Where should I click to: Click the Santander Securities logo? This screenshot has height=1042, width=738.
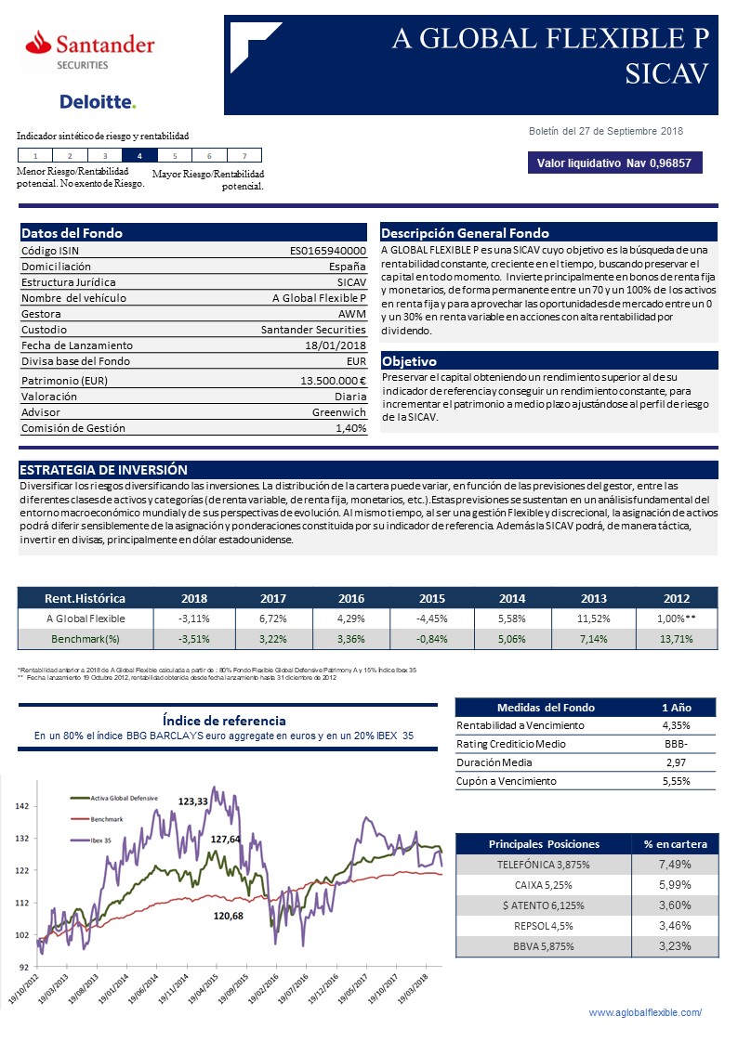pyautogui.click(x=90, y=49)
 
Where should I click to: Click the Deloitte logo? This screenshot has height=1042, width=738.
pyautogui.click(x=98, y=101)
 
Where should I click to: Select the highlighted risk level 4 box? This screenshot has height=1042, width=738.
pyautogui.click(x=138, y=156)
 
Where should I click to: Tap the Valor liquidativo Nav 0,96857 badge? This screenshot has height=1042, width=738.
pyautogui.click(x=614, y=163)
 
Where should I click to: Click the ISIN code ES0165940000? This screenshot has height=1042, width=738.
pyautogui.click(x=328, y=250)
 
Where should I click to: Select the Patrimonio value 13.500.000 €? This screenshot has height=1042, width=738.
pyautogui.click(x=333, y=380)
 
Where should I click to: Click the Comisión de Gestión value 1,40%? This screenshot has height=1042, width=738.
pyautogui.click(x=350, y=428)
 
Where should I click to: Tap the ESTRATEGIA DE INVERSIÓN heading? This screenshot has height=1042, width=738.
pyautogui.click(x=103, y=470)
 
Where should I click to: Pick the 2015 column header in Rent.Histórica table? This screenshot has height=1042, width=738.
pyautogui.click(x=433, y=597)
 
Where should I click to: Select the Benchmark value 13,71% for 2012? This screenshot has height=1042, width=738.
pyautogui.click(x=677, y=639)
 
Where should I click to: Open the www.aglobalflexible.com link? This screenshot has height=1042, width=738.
pyautogui.click(x=646, y=1011)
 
